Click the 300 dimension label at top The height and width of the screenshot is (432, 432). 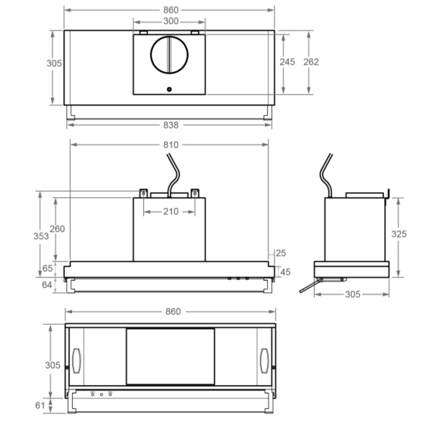[171, 21]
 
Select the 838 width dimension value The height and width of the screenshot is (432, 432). [171, 125]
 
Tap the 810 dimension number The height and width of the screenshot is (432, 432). [171, 145]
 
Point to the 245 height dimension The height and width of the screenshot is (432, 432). [287, 62]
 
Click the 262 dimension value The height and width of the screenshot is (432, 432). [311, 62]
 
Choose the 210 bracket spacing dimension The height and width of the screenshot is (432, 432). [171, 212]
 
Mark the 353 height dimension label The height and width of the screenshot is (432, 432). [41, 236]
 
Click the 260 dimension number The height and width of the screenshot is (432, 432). [57, 229]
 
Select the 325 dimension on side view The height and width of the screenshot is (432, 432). [399, 234]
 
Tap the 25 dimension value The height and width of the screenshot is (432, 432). [281, 253]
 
